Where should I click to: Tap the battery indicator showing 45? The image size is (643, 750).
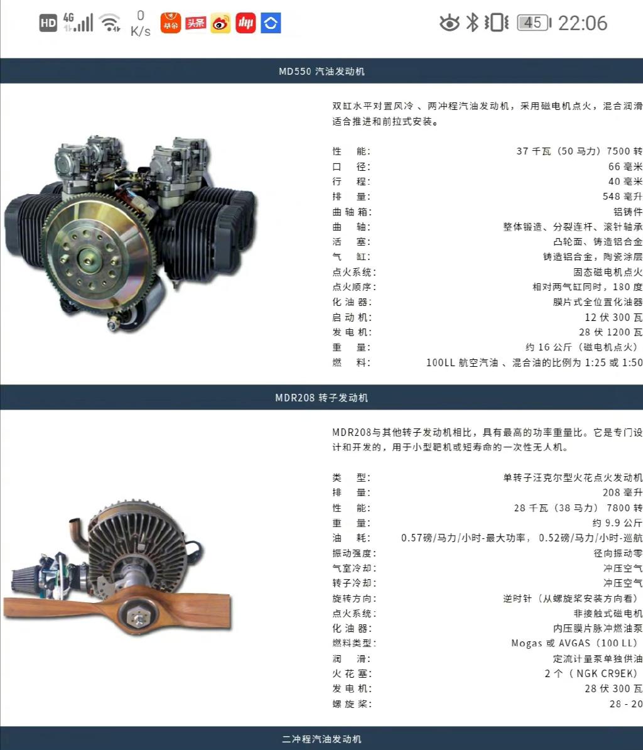pyautogui.click(x=534, y=23)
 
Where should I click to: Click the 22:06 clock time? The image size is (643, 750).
pyautogui.click(x=583, y=23)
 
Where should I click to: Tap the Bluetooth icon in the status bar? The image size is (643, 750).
pyautogui.click(x=472, y=23)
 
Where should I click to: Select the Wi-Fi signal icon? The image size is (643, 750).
pyautogui.click(x=110, y=23)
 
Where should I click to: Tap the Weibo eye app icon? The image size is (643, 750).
pyautogui.click(x=220, y=23)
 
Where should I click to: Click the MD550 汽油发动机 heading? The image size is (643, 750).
pyautogui.click(x=321, y=71)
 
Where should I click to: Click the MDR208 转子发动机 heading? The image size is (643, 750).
pyautogui.click(x=321, y=398)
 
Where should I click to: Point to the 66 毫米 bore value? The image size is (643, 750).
pyautogui.click(x=625, y=166)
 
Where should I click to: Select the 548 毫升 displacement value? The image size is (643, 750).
pyautogui.click(x=622, y=197)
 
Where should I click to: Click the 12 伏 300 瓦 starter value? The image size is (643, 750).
pyautogui.click(x=613, y=317)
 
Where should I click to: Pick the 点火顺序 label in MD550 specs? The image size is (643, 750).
pyautogui.click(x=354, y=287)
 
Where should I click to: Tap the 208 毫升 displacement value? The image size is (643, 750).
pyautogui.click(x=622, y=492)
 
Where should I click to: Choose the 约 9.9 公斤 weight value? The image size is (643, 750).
pyautogui.click(x=617, y=523)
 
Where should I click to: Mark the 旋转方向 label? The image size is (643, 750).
pyautogui.click(x=354, y=599)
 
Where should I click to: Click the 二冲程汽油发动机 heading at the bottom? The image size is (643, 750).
pyautogui.click(x=321, y=739)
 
